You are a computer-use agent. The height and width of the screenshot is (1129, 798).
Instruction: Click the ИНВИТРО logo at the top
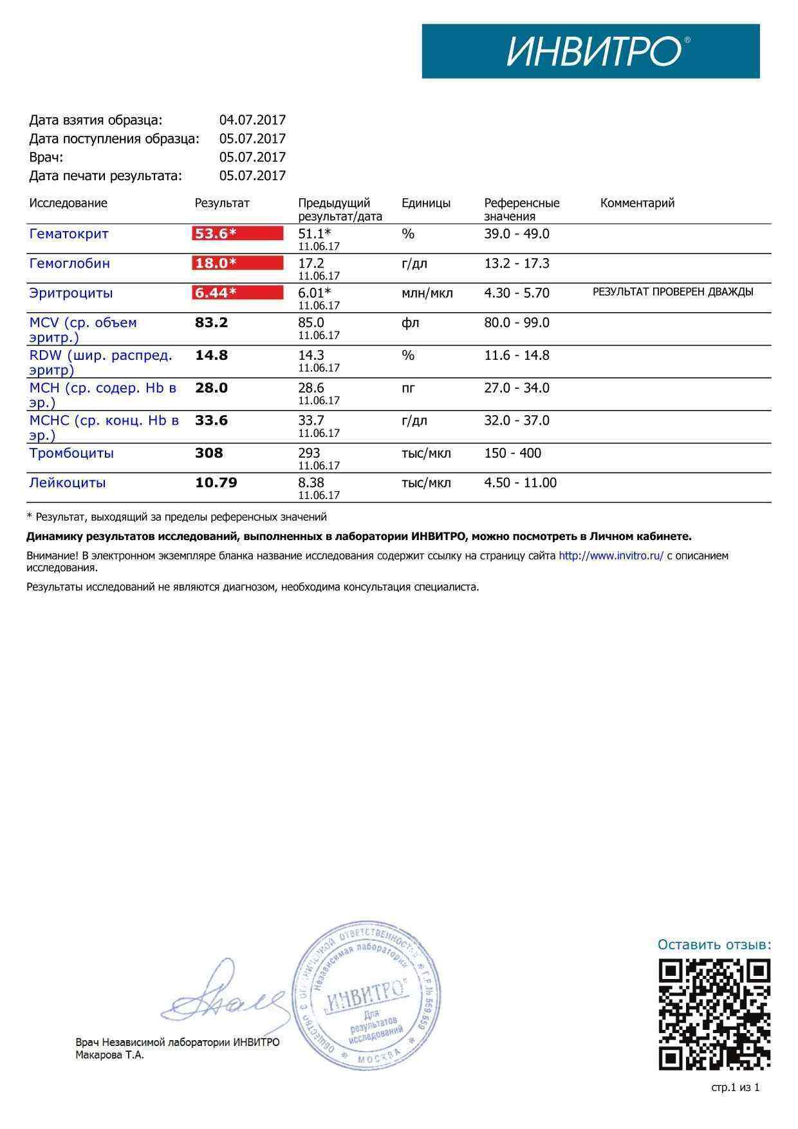point(590,51)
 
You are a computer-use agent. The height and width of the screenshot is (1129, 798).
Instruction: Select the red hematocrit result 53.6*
point(237,234)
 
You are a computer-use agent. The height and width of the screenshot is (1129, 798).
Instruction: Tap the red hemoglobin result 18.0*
point(237,263)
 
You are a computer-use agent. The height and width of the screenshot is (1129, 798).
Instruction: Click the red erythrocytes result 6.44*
point(237,293)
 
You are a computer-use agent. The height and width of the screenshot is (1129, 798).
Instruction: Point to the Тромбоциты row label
point(71,453)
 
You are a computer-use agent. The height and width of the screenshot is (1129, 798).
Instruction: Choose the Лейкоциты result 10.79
point(216,483)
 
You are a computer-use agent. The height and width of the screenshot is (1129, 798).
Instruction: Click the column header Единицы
point(426,203)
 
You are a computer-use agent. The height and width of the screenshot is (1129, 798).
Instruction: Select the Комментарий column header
point(637,203)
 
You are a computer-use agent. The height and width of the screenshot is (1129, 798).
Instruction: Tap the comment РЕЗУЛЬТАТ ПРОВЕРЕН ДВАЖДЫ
point(673,292)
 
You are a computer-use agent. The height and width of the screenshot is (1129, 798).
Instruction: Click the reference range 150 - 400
point(513,453)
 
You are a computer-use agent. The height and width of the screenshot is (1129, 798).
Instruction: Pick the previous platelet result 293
point(309,453)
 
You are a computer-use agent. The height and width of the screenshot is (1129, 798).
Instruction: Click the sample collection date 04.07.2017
point(252,120)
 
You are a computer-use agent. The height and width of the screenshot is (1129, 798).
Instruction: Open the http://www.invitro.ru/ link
point(611,555)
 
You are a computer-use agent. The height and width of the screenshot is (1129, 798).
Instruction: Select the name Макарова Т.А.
point(110,1055)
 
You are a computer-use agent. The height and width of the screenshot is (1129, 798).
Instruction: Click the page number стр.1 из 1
point(735,1088)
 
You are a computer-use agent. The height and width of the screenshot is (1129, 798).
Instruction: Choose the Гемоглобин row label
point(70,263)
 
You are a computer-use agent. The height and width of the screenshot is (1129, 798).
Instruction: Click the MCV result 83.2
point(211,322)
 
